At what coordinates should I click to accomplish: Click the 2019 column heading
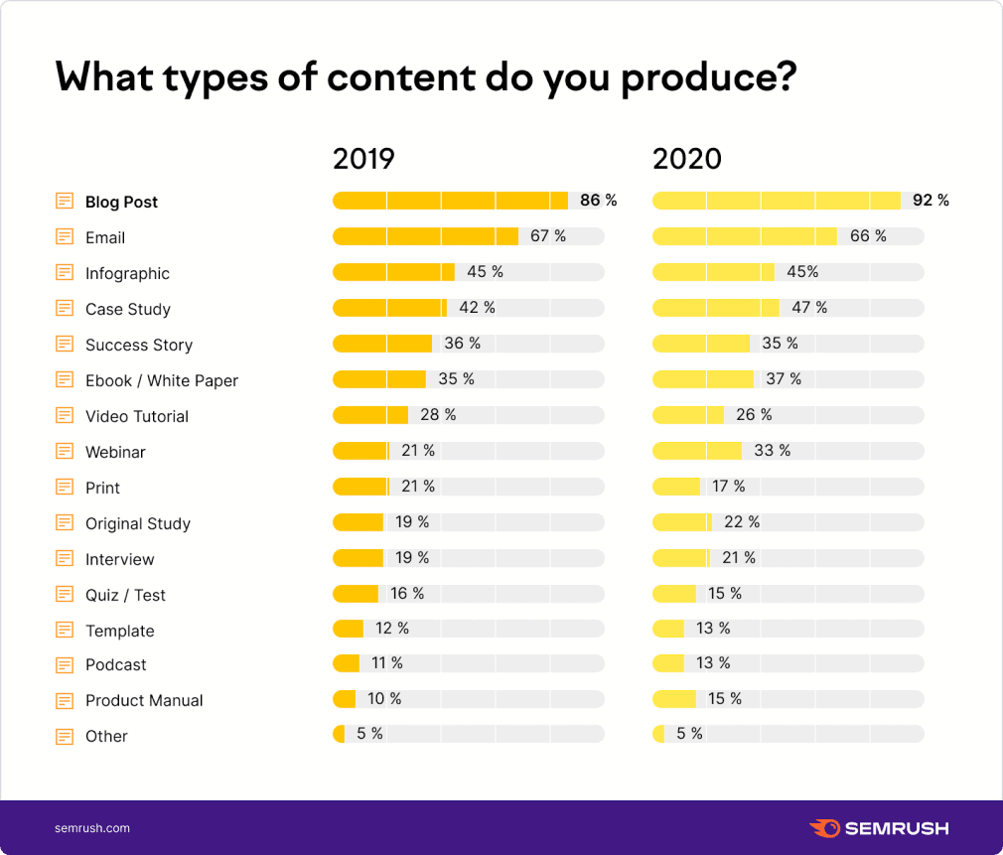click(x=363, y=159)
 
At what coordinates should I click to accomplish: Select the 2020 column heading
click(x=686, y=159)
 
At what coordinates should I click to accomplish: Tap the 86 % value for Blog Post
click(x=598, y=201)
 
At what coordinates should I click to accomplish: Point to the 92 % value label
click(x=931, y=201)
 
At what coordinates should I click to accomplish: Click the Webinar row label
click(x=115, y=452)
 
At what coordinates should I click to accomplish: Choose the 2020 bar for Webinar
click(x=696, y=451)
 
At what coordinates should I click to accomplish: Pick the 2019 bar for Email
click(x=425, y=236)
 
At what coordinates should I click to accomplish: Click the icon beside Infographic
click(x=65, y=273)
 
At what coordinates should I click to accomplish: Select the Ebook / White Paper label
click(x=162, y=380)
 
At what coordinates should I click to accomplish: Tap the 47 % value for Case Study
click(x=808, y=308)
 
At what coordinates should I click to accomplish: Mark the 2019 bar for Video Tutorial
click(x=370, y=415)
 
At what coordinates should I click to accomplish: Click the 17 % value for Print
click(x=728, y=487)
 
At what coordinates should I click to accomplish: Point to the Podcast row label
click(x=115, y=664)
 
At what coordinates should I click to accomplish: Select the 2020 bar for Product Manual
click(x=674, y=699)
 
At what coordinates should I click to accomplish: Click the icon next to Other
click(x=65, y=736)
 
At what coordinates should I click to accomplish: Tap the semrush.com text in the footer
click(x=91, y=828)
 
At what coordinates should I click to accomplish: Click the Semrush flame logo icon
click(x=824, y=828)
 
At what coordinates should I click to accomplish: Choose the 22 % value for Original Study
click(x=741, y=522)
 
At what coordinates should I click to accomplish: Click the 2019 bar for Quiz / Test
click(x=356, y=594)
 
